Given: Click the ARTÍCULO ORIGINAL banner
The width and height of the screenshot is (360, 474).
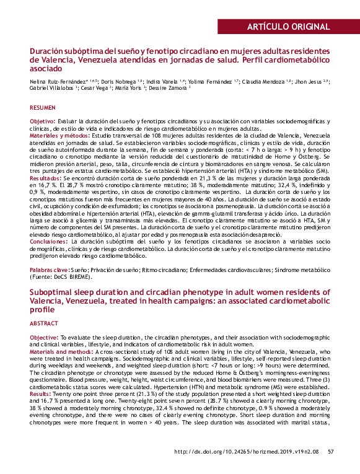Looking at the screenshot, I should click(x=288, y=26).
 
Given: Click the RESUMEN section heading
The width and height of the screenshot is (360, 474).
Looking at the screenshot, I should click(x=42, y=107).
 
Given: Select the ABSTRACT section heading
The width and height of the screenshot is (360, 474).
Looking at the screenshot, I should click(x=44, y=323).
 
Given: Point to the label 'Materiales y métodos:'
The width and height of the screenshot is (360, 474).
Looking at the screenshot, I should click(x=59, y=134).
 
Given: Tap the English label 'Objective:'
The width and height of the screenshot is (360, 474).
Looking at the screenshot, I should click(x=44, y=336).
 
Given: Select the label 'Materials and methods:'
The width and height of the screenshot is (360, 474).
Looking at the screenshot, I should click(x=62, y=350).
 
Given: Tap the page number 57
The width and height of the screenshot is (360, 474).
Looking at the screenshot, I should click(x=330, y=451).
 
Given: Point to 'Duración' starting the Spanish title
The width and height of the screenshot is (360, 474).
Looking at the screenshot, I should click(x=51, y=50).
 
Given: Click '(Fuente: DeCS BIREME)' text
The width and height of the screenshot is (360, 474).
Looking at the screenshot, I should click(x=62, y=278).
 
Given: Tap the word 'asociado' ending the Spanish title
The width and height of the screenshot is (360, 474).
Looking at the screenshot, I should click(x=48, y=70).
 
